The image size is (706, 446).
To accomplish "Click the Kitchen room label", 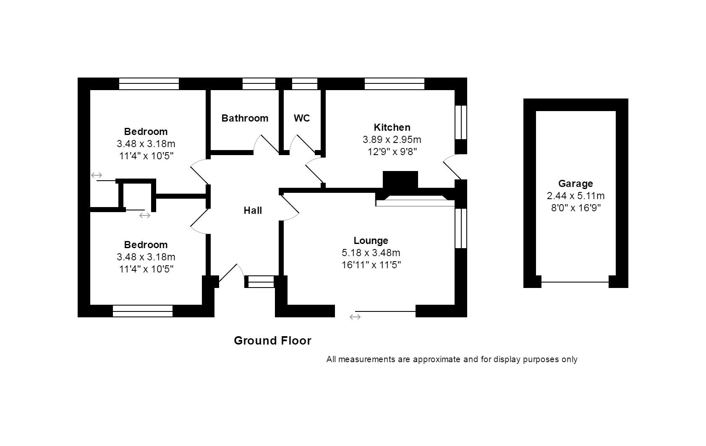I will (x=392, y=127).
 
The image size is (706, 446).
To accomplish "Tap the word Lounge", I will (x=371, y=241).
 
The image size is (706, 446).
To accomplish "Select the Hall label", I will (x=253, y=210).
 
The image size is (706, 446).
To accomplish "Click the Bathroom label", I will (x=245, y=118).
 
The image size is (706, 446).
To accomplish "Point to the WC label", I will (x=302, y=118).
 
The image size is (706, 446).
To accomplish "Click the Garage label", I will (x=575, y=184).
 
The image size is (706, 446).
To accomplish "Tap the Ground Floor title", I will (x=272, y=340).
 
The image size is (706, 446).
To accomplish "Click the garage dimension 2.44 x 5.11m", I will (x=575, y=196).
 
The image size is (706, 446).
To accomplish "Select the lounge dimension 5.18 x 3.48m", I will (x=371, y=253).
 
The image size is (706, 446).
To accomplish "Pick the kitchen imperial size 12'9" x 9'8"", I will (x=392, y=152).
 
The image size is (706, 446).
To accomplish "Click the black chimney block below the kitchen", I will (x=400, y=179).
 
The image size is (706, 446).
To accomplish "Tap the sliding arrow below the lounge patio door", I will (x=355, y=317).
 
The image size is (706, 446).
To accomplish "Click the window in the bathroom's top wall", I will (x=259, y=84).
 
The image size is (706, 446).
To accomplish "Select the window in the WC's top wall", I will (x=305, y=84).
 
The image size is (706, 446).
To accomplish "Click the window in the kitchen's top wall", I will (x=395, y=84).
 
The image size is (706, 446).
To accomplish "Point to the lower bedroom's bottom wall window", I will (x=143, y=311).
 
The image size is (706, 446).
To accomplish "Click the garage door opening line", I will (x=575, y=282).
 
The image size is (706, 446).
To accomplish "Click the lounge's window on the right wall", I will (x=461, y=228).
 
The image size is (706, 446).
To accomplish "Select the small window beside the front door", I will (x=260, y=282).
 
